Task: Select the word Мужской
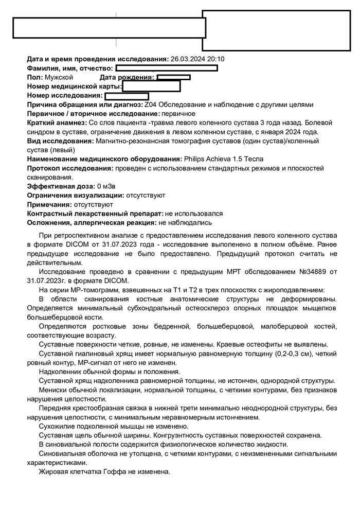(59, 77)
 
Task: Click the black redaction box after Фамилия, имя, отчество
(167, 68)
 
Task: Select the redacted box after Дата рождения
(174, 77)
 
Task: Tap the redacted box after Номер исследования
(127, 96)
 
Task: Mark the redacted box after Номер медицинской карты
(151, 86)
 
